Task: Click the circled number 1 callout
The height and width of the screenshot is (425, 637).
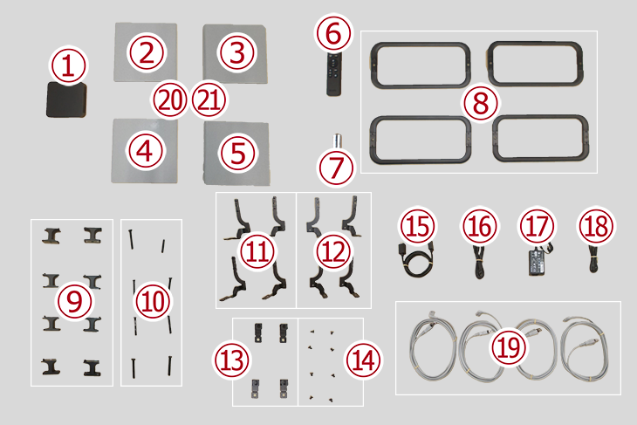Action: [68, 65]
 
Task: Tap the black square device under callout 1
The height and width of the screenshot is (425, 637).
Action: [66, 100]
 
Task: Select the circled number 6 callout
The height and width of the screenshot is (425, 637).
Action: [333, 33]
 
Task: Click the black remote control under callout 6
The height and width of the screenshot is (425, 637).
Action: [334, 74]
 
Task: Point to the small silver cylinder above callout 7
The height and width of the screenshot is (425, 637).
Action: [337, 141]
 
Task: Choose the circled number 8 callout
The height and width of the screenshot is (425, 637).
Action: [480, 102]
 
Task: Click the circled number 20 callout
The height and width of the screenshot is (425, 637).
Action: [169, 100]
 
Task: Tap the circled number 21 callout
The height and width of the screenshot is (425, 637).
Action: [209, 100]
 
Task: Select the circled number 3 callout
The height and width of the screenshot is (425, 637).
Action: [237, 53]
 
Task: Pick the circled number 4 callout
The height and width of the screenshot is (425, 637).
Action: [145, 151]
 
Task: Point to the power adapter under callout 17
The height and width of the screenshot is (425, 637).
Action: [538, 260]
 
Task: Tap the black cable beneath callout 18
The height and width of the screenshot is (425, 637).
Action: [593, 258]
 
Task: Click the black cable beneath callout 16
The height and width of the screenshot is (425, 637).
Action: [479, 262]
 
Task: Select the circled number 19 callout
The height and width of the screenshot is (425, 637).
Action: [509, 347]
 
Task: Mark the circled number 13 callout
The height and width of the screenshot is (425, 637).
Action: [231, 360]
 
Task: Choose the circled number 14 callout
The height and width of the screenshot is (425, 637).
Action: [363, 360]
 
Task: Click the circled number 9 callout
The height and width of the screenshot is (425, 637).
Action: [74, 301]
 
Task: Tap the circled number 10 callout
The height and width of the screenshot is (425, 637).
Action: [154, 301]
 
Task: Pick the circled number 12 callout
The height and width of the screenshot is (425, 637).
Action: [333, 251]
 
